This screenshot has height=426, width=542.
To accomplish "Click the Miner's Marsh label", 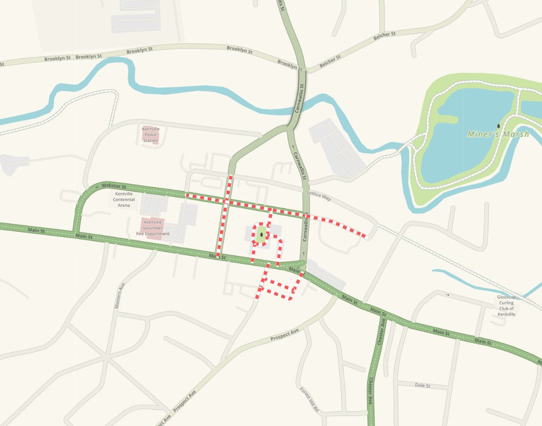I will coord(498,134).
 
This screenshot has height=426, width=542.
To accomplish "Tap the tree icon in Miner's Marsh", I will coord(498,126).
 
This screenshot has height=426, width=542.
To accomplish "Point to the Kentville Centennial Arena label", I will coord(124,200).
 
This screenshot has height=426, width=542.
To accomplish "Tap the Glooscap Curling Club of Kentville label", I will coord(506,306).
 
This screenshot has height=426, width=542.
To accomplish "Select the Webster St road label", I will coord(114,185).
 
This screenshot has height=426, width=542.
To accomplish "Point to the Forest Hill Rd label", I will coord(310,399).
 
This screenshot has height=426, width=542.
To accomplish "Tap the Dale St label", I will coord(422,386).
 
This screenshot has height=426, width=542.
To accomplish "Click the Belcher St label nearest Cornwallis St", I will coord(330,62).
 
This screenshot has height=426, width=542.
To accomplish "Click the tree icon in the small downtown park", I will coord(261,234).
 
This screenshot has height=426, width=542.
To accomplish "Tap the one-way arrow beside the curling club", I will coord(448,295).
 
